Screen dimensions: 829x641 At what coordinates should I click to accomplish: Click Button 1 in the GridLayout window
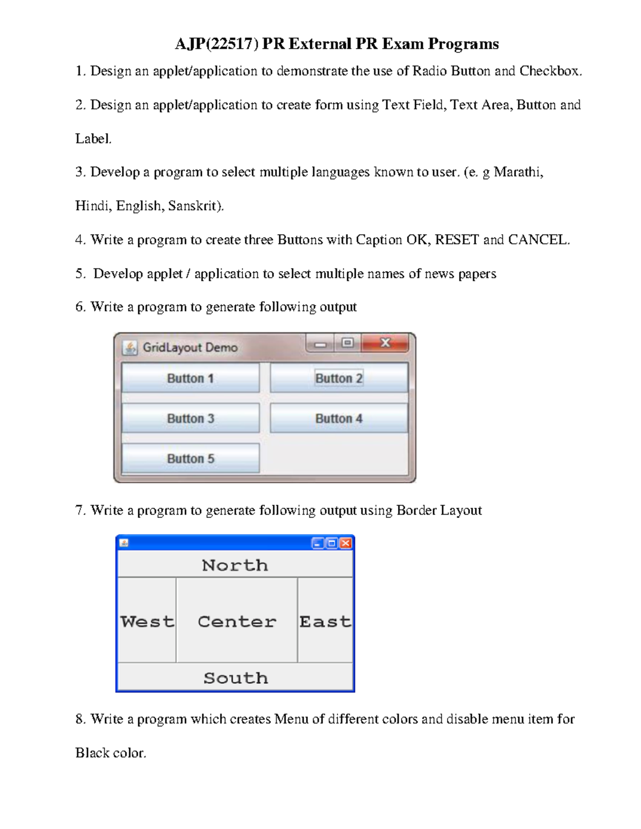pos(190,378)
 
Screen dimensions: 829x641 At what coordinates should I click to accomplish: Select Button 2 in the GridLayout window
pos(339,378)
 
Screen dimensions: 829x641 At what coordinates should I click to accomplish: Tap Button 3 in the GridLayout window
pos(190,418)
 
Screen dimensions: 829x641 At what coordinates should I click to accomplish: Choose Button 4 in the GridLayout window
pos(339,418)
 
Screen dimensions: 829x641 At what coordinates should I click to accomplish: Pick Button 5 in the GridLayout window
pos(190,458)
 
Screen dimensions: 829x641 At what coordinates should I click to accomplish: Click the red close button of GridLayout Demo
pos(386,343)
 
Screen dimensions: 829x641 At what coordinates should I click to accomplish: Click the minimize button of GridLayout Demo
pos(320,344)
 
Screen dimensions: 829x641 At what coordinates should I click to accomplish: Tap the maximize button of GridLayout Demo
pos(347,343)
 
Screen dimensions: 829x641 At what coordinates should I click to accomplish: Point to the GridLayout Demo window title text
pos(190,348)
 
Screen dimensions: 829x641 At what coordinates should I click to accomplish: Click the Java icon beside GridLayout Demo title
pos(129,348)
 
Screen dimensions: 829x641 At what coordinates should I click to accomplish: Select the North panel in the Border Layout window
pos(235,565)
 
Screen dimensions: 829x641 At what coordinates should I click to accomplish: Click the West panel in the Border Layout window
pos(147,621)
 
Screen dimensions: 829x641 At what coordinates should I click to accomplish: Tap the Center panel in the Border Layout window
pos(237,621)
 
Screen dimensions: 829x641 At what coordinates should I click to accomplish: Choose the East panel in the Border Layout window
pos(325,621)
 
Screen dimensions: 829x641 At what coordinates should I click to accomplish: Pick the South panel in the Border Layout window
pos(235,677)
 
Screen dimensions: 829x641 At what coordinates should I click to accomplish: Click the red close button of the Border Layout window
pos(346,543)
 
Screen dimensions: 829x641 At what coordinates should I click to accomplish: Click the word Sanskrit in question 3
pos(193,206)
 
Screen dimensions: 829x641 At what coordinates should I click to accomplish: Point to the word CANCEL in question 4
pos(537,240)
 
